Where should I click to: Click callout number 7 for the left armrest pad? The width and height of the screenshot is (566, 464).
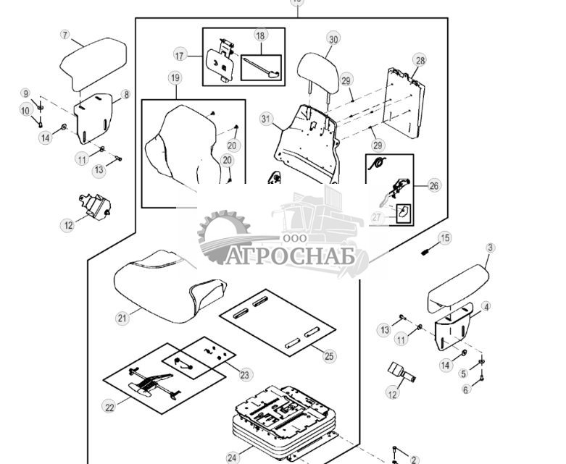click(64, 35)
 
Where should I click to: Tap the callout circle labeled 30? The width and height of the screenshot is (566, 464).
click(333, 38)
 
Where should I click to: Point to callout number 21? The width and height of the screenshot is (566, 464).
click(122, 318)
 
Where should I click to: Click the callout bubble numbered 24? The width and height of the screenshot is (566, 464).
click(233, 457)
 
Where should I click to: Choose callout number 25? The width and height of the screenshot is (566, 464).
click(330, 355)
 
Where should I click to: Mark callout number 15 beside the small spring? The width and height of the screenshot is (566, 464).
click(445, 237)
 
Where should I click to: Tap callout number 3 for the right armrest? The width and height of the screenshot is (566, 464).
click(490, 248)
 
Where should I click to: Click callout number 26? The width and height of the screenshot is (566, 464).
click(433, 185)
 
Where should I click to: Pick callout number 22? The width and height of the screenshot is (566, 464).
click(109, 408)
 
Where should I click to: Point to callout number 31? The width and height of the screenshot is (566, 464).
click(266, 119)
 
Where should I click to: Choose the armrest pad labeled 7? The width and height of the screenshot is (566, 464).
click(92, 64)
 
